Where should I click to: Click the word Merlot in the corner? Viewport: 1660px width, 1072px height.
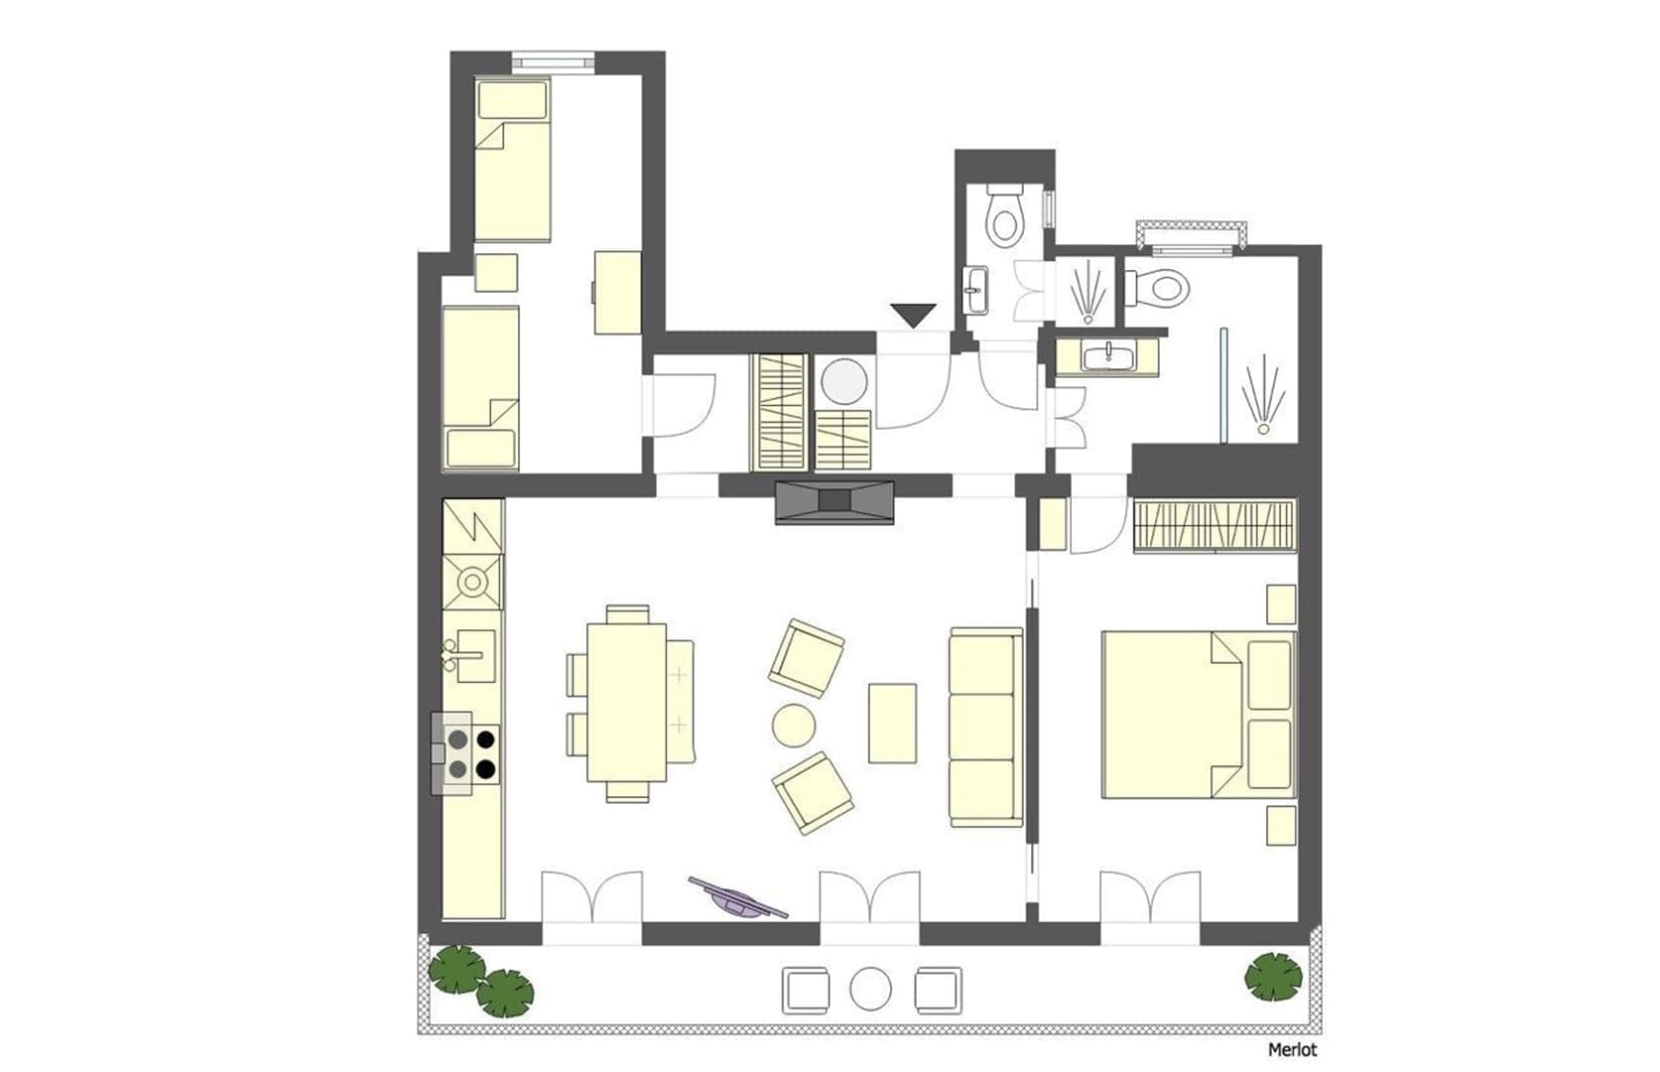pyautogui.click(x=1293, y=1050)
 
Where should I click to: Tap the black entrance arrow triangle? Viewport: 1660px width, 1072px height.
pyautogui.click(x=914, y=315)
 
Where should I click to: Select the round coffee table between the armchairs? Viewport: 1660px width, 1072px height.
pyautogui.click(x=794, y=725)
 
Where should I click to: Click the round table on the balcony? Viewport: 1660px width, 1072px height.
pyautogui.click(x=870, y=989)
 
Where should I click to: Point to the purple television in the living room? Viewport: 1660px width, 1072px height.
pyautogui.click(x=738, y=898)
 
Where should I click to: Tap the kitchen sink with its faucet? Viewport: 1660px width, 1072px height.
pyautogui.click(x=470, y=655)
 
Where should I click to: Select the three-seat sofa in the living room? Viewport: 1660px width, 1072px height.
pyautogui.click(x=986, y=728)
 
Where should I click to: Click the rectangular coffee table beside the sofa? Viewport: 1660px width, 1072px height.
pyautogui.click(x=892, y=723)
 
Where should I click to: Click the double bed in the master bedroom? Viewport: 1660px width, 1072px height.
pyautogui.click(x=1199, y=715)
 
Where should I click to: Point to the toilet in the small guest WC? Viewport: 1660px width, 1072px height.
pyautogui.click(x=1005, y=213)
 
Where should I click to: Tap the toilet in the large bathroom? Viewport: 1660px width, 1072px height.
pyautogui.click(x=1158, y=288)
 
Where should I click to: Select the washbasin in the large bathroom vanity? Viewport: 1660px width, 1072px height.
pyautogui.click(x=1107, y=356)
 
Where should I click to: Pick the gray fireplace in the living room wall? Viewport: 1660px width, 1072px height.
pyautogui.click(x=834, y=502)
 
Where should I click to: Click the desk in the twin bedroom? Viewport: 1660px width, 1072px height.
pyautogui.click(x=617, y=292)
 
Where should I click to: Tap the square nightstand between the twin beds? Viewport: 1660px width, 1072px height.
pyautogui.click(x=496, y=272)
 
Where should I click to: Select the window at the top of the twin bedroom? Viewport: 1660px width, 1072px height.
pyautogui.click(x=553, y=63)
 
